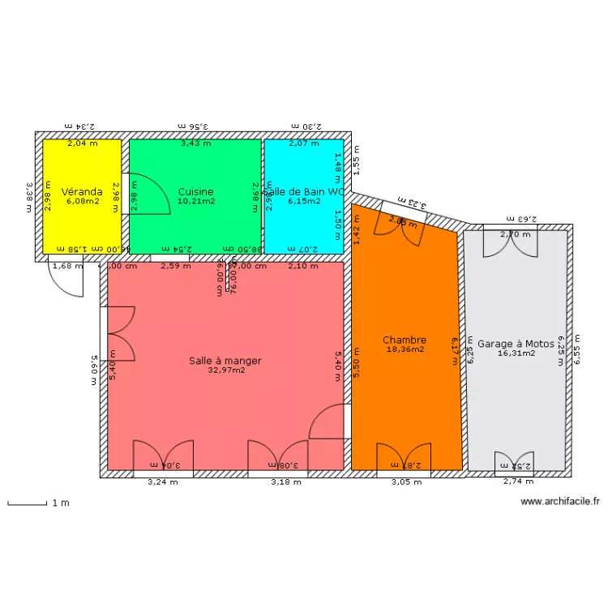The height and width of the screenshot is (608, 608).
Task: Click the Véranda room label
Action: pos(82,192)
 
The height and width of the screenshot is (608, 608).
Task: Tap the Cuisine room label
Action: pos(196,192)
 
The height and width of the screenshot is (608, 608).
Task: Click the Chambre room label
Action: pos(405,340)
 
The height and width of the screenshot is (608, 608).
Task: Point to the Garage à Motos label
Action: pos(516,344)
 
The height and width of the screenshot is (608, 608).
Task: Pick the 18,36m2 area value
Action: pos(405,350)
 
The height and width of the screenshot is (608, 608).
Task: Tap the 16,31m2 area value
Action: pos(516,353)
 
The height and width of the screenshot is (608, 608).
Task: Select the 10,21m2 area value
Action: pos(196,201)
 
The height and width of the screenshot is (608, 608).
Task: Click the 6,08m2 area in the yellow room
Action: pos(82,201)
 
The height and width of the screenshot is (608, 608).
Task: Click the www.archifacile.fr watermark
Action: pos(563,502)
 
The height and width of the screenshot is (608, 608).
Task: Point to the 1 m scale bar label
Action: pos(61,503)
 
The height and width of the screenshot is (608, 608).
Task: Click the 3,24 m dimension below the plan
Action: pos(161,482)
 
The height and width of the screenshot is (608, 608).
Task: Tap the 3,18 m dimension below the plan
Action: pos(285,482)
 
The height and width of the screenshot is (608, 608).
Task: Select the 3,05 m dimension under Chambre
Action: pos(406,482)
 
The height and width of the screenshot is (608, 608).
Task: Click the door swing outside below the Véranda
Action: pos(66,280)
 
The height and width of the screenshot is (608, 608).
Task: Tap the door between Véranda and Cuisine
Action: pos(146,195)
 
